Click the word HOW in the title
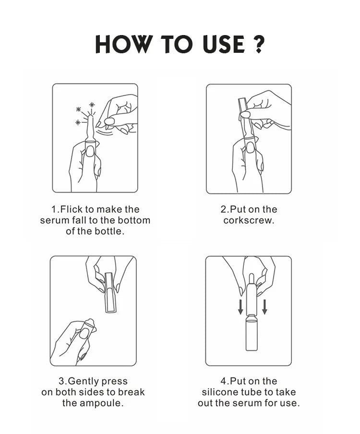coord(124,44)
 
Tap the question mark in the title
coord(259,44)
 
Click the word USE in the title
coord(224,44)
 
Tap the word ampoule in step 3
coord(100,403)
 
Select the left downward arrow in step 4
coord(240,307)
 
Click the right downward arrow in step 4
coord(264,307)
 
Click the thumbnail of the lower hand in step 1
coord(89,152)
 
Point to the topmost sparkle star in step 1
coord(92,105)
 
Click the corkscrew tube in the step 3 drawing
coord(110,292)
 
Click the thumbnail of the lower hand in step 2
coord(251,147)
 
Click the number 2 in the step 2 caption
coord(223,209)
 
